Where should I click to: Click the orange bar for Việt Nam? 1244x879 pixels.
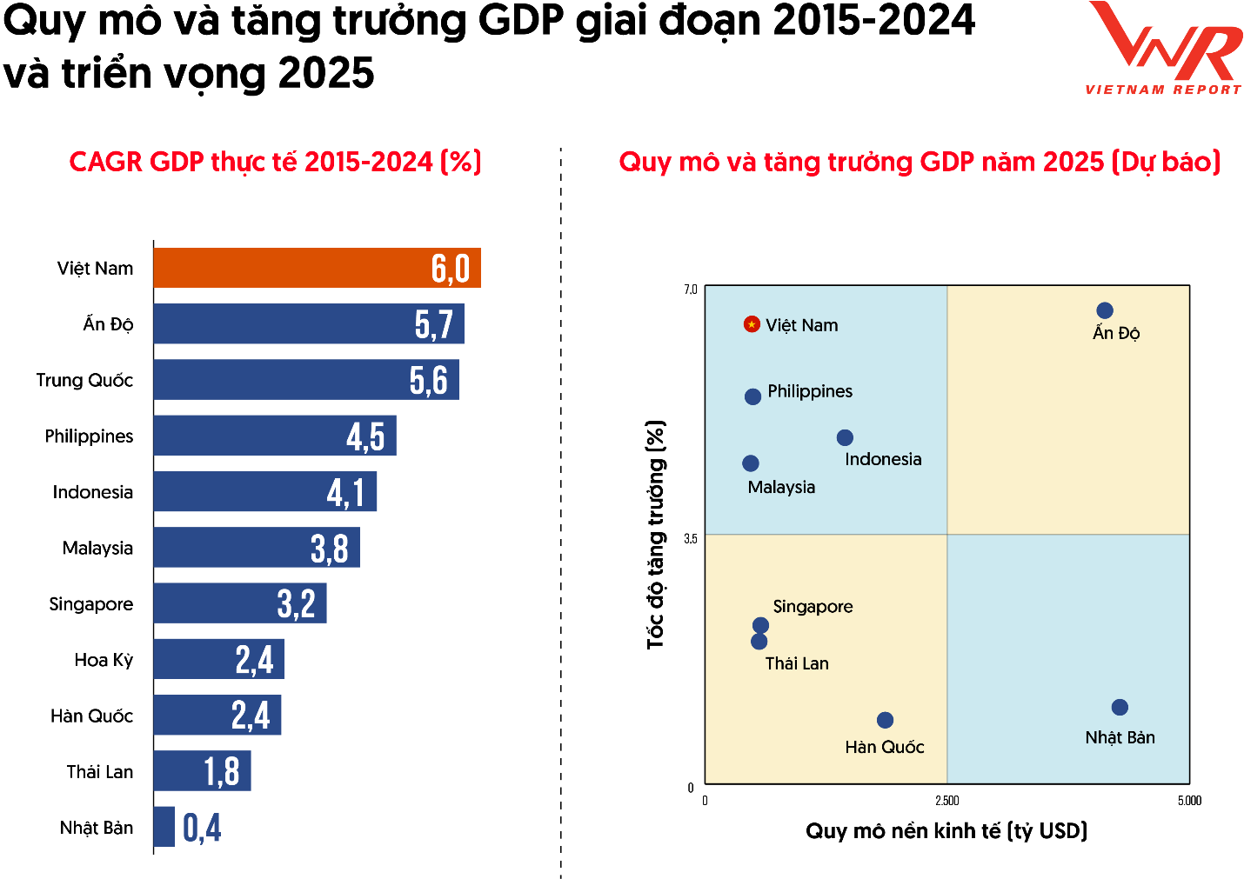click(317, 268)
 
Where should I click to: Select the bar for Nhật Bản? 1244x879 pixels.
click(164, 827)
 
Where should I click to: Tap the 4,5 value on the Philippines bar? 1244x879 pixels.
click(365, 436)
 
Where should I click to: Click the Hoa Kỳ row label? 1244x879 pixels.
click(104, 660)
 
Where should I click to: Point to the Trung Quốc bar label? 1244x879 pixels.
click(84, 380)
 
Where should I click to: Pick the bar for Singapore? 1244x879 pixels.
click(240, 603)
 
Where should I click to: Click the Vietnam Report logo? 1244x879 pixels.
click(1164, 49)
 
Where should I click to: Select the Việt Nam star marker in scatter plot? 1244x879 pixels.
click(752, 324)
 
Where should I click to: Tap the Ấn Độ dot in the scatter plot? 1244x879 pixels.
click(1105, 310)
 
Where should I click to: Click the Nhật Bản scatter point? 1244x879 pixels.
click(1120, 708)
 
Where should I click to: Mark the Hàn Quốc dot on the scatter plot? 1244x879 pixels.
click(885, 720)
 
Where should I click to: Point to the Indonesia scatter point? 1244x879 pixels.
click(845, 437)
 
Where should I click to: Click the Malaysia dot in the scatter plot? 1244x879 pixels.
click(751, 463)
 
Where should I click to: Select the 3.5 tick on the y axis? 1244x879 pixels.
click(691, 538)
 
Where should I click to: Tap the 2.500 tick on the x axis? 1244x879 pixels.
click(946, 801)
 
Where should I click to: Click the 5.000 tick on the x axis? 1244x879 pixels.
click(1189, 801)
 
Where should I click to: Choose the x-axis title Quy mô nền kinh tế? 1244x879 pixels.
click(946, 831)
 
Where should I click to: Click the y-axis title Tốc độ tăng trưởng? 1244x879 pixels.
click(656, 535)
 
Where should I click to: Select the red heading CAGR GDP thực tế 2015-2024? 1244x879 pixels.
click(275, 162)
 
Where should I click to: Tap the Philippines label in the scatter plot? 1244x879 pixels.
click(810, 391)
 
